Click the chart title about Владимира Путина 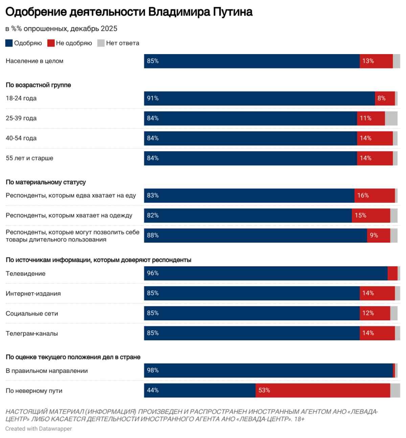click(129, 12)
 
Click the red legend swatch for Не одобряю click(51, 43)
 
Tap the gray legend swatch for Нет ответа click(101, 43)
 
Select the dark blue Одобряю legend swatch click(9, 43)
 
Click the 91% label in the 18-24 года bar click(153, 98)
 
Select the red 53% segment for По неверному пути click(322, 390)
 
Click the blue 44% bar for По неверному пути click(200, 390)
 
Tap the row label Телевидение click(25, 274)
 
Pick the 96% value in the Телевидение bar click(153, 273)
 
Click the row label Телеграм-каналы click(32, 334)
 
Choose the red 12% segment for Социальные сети click(375, 313)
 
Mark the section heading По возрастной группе click(38, 85)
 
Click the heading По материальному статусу click(46, 182)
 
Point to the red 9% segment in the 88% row click(378, 236)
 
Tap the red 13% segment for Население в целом click(376, 61)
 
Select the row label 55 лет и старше click(29, 158)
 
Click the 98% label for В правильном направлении click(153, 370)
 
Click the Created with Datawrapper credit click(39, 429)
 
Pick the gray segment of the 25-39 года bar click(391, 118)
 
